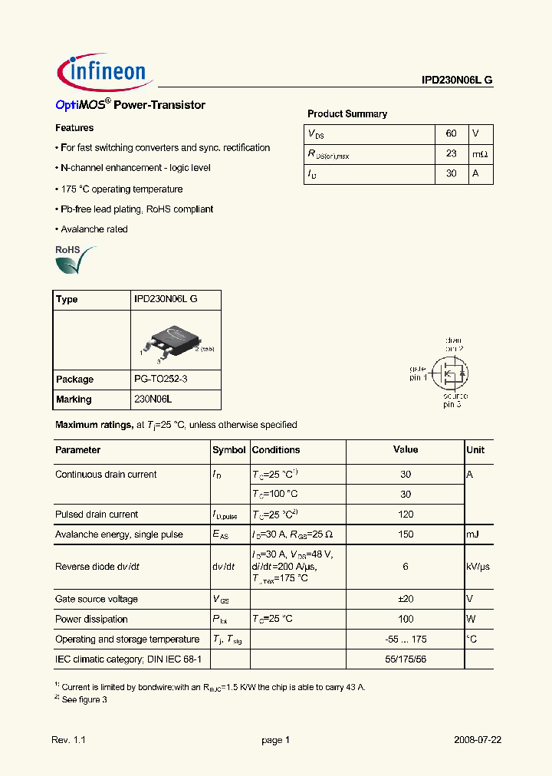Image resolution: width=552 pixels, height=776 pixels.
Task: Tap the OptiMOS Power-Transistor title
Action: tap(130, 105)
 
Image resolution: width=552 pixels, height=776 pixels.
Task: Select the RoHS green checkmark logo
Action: tap(74, 261)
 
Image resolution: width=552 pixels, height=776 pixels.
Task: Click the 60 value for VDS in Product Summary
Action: tap(451, 133)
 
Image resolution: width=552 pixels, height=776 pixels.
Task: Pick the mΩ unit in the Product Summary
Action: tap(479, 153)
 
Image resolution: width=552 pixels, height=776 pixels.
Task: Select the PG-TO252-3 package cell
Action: tap(161, 379)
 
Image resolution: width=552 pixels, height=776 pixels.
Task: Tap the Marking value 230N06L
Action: tap(154, 399)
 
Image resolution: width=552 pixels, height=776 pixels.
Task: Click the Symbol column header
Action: tap(228, 450)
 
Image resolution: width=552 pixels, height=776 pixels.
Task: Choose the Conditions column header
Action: tap(276, 450)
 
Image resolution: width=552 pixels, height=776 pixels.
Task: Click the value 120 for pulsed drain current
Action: tap(406, 515)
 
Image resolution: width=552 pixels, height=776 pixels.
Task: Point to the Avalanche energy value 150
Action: tap(406, 534)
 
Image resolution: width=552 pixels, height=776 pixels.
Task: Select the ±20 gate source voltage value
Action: tap(406, 599)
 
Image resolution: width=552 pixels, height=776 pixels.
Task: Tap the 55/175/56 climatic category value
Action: tap(406, 659)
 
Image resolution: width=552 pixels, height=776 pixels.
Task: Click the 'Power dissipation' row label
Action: tap(91, 619)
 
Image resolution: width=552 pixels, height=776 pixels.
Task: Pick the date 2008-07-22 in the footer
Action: tap(477, 740)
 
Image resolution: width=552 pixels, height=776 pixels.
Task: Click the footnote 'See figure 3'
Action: tap(83, 699)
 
